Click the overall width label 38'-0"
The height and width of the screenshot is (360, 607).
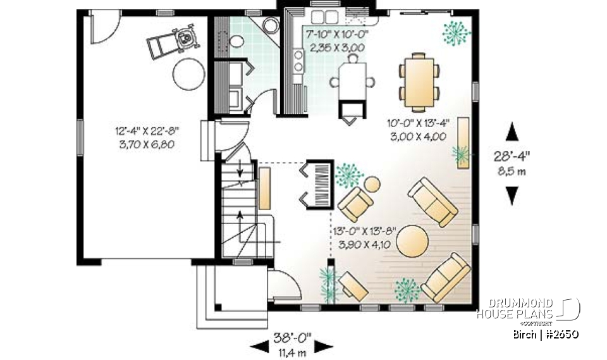coord(292,337)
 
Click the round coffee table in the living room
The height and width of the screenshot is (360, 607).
coord(412,241)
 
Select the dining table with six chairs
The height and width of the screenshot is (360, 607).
coord(419,81)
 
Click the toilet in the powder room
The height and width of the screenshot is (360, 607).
coord(236,42)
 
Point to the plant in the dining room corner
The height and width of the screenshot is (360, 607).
coord(456,32)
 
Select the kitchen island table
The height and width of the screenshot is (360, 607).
coord(352,81)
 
